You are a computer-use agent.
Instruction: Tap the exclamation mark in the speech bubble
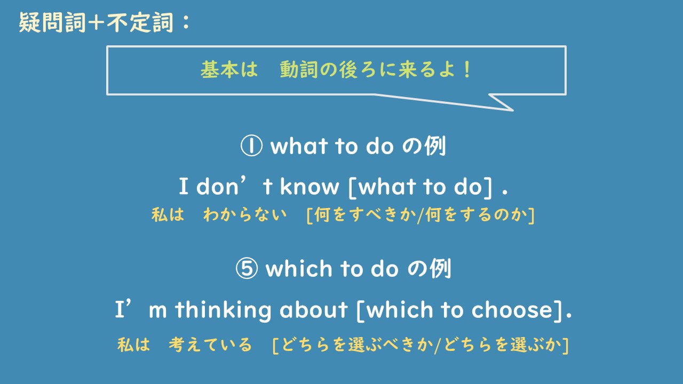pos(467,70)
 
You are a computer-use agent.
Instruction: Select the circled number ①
pos(251,146)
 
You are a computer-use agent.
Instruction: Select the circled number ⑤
pos(247,269)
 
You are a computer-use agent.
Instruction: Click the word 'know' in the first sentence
pos(309,186)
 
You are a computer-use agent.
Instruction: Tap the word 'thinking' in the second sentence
pos(223,310)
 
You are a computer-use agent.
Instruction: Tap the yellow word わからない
pos(245,215)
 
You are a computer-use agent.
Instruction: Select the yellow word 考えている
pos(210,345)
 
